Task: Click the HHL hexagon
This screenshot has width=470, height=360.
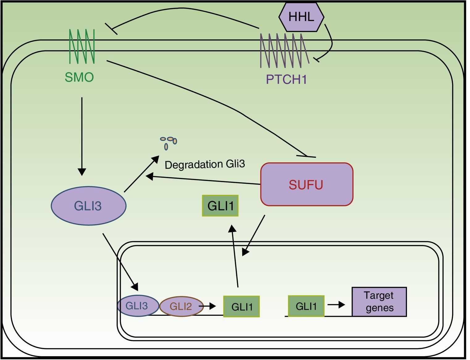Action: (301, 17)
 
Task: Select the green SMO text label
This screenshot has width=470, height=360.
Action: (79, 77)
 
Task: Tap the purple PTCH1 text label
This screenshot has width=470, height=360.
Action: (286, 79)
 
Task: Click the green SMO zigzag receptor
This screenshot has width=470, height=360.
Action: (82, 46)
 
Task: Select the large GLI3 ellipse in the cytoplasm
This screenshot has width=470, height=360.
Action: (88, 206)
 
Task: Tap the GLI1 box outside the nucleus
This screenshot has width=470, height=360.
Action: (220, 206)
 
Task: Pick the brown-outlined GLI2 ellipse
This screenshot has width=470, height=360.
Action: (181, 306)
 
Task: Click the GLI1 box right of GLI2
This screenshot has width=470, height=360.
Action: (241, 306)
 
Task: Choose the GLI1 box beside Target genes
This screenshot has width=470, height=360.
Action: (306, 306)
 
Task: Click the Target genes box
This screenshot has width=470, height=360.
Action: (379, 302)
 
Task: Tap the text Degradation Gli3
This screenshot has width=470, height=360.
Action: (205, 164)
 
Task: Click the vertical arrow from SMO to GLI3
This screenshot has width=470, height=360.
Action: (82, 136)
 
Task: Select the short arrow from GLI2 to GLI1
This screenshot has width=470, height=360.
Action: (208, 306)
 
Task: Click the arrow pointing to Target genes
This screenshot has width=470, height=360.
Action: (336, 305)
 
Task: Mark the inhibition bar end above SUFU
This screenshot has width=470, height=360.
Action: (306, 156)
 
